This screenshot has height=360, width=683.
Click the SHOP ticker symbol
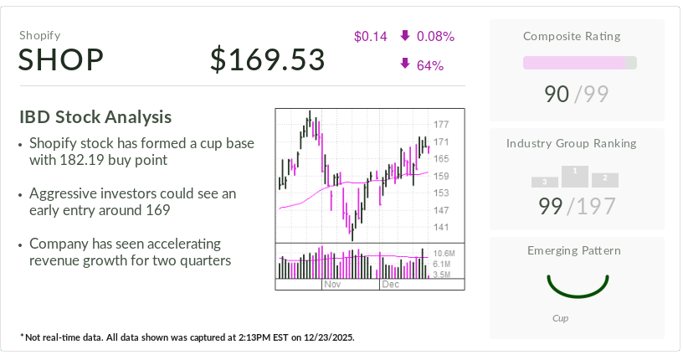[x=61, y=60]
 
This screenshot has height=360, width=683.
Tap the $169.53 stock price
[x=267, y=60]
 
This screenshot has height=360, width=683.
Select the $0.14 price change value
[x=370, y=36]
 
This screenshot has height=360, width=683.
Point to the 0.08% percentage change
[x=434, y=36]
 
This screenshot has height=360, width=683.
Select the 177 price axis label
[x=441, y=124]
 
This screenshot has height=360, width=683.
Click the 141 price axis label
[x=441, y=227]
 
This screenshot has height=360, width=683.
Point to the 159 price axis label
[x=441, y=176]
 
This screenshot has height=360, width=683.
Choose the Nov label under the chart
[x=332, y=285]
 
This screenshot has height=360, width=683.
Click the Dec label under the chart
[x=390, y=285]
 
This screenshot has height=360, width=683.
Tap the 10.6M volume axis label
[x=445, y=252]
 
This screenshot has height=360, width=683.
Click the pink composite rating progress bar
[x=574, y=63]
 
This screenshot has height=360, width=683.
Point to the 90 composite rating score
[x=557, y=95]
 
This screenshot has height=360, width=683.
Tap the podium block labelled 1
[x=574, y=175]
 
